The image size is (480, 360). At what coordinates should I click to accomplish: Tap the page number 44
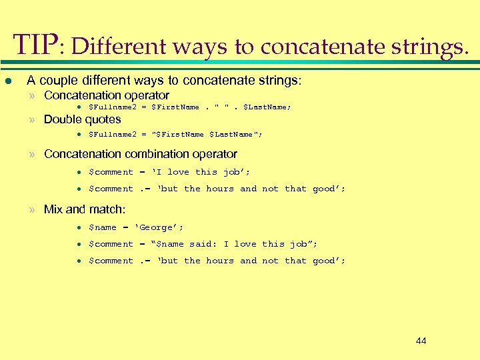(421, 341)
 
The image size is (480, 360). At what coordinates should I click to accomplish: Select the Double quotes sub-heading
(82, 120)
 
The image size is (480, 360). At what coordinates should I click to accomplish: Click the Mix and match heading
(84, 209)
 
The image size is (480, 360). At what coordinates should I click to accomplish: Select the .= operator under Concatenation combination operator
(146, 189)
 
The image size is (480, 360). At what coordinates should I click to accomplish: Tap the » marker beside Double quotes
(31, 120)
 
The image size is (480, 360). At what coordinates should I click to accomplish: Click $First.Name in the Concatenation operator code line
(175, 107)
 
